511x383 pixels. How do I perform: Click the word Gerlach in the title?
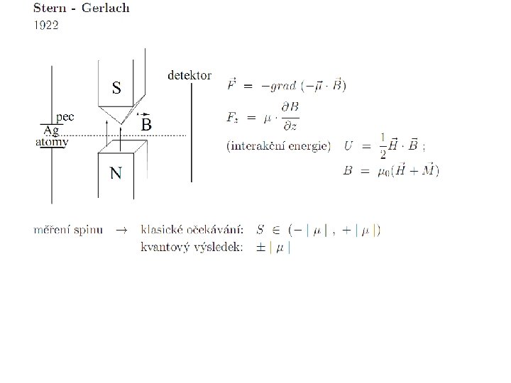click(x=106, y=9)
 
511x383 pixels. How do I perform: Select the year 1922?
click(x=47, y=25)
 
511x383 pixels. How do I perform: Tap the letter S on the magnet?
click(x=116, y=88)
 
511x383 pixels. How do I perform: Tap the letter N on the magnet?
click(x=115, y=173)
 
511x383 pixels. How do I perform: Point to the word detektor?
click(x=189, y=74)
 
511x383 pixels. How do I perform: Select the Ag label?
click(x=51, y=131)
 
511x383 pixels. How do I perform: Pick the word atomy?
click(x=52, y=142)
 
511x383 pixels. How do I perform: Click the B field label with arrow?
click(x=145, y=123)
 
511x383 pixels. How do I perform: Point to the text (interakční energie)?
click(x=278, y=146)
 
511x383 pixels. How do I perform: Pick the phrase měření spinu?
click(x=69, y=230)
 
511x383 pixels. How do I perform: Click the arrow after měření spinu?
click(x=121, y=230)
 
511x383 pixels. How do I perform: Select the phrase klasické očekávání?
click(x=192, y=230)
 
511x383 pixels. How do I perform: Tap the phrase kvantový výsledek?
click(x=191, y=247)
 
